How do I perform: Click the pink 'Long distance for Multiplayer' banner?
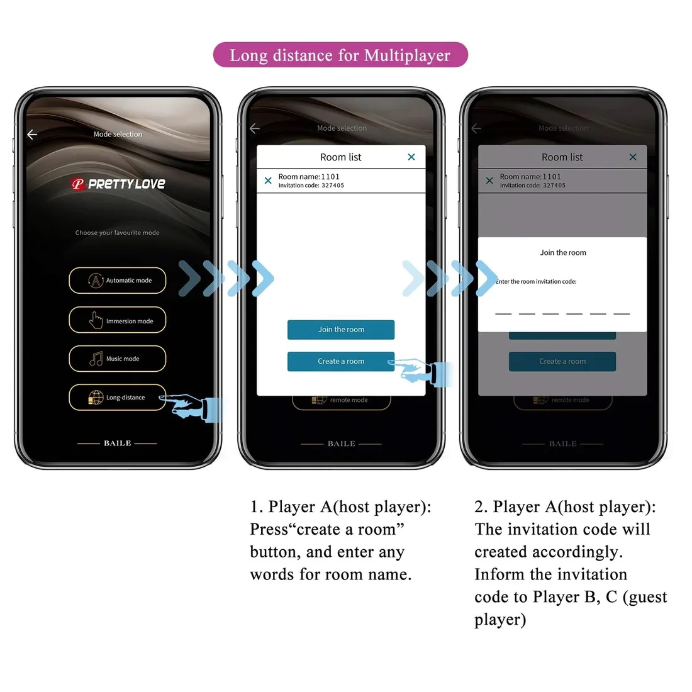tap(340, 55)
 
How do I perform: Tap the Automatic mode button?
tap(118, 281)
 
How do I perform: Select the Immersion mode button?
tap(118, 320)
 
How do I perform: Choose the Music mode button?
tap(118, 359)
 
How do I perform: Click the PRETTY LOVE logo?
tap(118, 184)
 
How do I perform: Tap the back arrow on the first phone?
tap(32, 134)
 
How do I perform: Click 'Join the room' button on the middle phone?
tap(341, 330)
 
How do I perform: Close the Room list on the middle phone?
tap(411, 157)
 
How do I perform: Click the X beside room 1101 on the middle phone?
tap(268, 181)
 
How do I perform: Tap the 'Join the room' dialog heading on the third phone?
tap(563, 253)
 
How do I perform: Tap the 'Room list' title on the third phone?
tap(562, 157)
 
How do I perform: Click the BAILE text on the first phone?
tap(118, 444)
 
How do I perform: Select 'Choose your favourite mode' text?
tap(118, 233)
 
